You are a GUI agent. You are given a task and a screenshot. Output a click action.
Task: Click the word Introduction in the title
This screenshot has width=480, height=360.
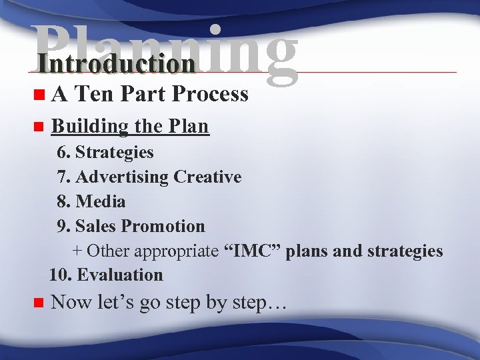pyautogui.click(x=117, y=64)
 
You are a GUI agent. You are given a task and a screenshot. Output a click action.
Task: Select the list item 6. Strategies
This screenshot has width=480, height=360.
pyautogui.click(x=105, y=153)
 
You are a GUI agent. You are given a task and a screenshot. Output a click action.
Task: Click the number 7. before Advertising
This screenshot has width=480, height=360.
pyautogui.click(x=64, y=177)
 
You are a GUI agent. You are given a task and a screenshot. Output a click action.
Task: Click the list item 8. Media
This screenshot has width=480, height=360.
pyautogui.click(x=91, y=201)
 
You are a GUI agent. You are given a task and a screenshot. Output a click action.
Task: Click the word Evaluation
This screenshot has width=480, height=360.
pyautogui.click(x=120, y=275)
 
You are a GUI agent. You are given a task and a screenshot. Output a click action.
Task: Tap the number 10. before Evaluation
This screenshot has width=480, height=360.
pyautogui.click(x=61, y=275)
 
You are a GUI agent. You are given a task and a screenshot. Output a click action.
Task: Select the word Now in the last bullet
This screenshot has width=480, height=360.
pyautogui.click(x=71, y=303)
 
